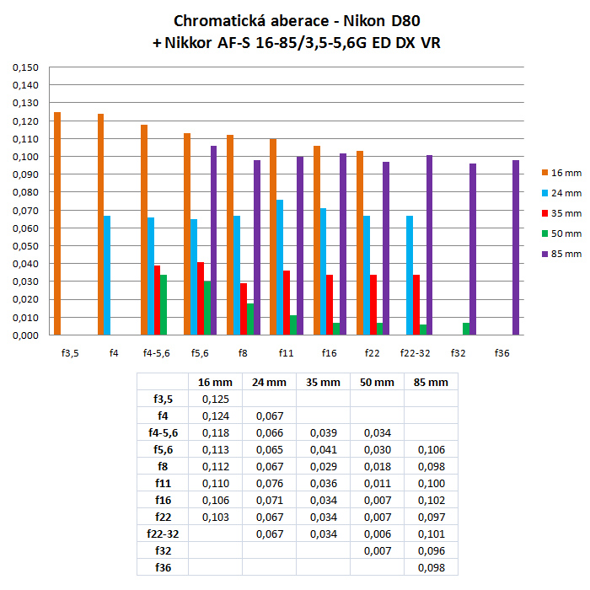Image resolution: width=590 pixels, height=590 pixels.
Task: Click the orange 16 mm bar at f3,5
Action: tap(57, 223)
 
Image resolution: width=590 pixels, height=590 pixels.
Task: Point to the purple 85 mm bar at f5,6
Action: tap(214, 240)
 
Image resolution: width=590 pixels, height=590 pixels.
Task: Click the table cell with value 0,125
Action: tap(215, 399)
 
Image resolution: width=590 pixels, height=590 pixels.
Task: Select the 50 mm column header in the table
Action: tap(377, 382)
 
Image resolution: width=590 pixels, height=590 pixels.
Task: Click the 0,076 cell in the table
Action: tap(269, 483)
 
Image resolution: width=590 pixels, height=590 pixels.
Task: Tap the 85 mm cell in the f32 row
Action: tap(431, 550)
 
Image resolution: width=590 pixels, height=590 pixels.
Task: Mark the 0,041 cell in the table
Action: tap(323, 449)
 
